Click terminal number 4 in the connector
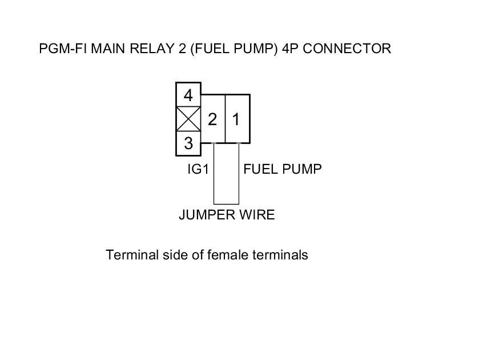188,94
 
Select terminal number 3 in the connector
188,143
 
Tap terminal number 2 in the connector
212,119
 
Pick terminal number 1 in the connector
236,119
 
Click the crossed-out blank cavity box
188,119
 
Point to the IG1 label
198,169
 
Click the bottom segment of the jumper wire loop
226,204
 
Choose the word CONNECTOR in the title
347,49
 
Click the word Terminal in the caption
130,255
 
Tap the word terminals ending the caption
281,255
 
